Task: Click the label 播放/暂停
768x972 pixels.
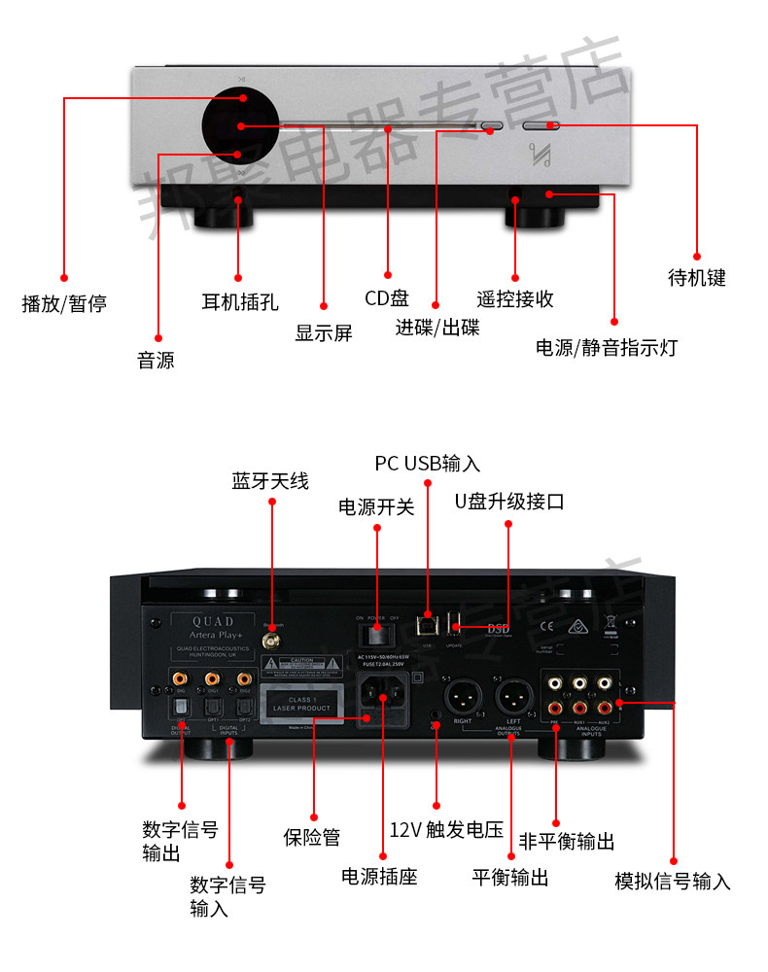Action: pos(64,304)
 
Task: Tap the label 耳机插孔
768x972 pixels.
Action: pos(239,301)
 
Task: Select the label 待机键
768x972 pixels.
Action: pos(697,278)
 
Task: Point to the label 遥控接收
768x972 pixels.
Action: pos(515,298)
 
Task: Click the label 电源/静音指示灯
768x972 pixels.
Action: pos(607,347)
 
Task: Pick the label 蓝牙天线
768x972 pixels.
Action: pos(269,480)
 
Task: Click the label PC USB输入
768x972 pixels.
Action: pos(428,463)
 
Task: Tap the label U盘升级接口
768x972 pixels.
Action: pos(509,502)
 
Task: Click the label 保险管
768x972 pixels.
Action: pos(312,836)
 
